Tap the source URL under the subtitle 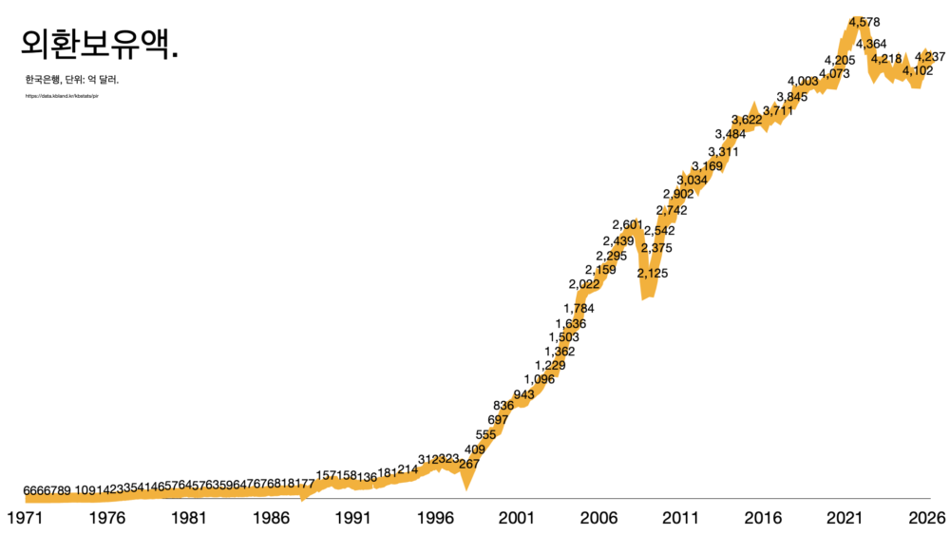(x=63, y=97)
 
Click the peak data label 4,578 (x=864, y=22)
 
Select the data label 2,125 (x=653, y=273)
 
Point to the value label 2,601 (x=628, y=224)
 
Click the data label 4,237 (x=930, y=58)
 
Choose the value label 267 (x=469, y=464)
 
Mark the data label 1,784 (x=579, y=308)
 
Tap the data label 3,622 (x=747, y=120)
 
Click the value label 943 (x=523, y=394)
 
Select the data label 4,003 (x=803, y=82)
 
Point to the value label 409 (x=475, y=449)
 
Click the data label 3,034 (x=693, y=180)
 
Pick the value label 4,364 (x=871, y=44)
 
